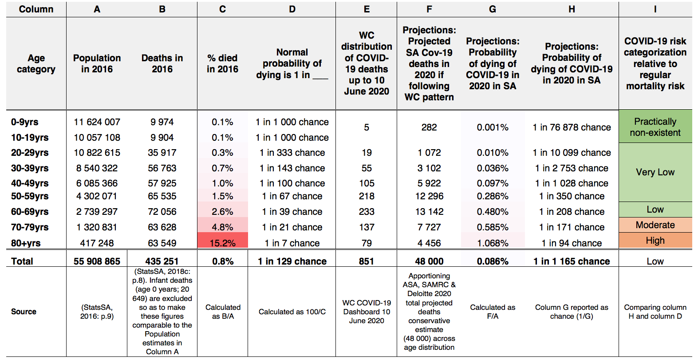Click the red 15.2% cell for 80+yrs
222,242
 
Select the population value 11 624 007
97,122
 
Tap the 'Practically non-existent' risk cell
655,127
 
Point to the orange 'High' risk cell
655,241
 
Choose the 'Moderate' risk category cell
655,225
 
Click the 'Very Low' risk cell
655,172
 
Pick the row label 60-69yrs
30,212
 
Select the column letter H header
572,9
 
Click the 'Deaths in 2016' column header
162,63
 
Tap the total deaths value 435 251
162,261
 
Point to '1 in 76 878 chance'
572,127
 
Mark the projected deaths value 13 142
429,212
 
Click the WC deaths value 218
367,196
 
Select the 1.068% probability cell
493,243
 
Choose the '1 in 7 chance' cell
292,243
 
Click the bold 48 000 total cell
429,261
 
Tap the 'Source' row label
24,312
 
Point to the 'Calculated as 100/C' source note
292,312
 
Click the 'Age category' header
36,63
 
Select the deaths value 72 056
162,212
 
